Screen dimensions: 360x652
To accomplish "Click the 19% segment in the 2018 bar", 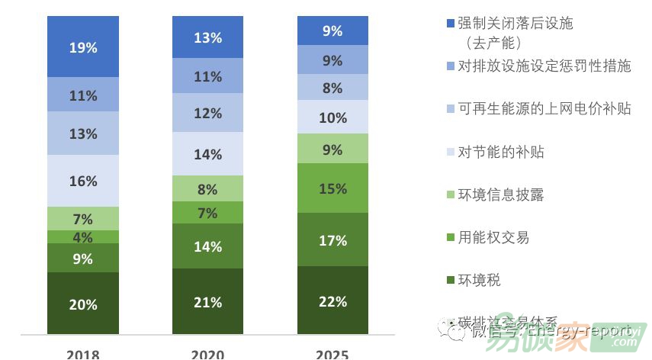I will click(83, 47).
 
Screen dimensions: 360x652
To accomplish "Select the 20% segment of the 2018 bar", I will click(83, 304).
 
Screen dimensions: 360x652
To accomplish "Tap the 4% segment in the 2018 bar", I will click(83, 237).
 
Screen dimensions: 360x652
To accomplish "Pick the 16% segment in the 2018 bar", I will click(83, 181).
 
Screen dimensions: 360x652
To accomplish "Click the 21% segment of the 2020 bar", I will click(208, 302).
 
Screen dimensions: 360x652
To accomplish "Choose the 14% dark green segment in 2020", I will click(208, 246).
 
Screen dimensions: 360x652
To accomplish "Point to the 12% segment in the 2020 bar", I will click(208, 113).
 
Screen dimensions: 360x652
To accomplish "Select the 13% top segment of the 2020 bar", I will click(208, 37).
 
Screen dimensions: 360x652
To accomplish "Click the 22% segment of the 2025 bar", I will click(332, 301).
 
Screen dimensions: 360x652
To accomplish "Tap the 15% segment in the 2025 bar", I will click(332, 188).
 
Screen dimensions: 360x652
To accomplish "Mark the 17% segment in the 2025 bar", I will click(332, 240).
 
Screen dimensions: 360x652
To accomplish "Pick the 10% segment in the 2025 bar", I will click(332, 117).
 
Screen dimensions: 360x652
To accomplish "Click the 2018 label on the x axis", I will click(83, 354).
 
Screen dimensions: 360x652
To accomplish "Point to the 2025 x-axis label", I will click(332, 354).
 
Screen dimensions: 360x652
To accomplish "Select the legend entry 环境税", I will click(480, 281).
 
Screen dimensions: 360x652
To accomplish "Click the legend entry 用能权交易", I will click(493, 237).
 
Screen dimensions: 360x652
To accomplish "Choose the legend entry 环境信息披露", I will click(500, 194).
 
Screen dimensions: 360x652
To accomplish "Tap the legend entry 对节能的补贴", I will click(500, 152).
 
